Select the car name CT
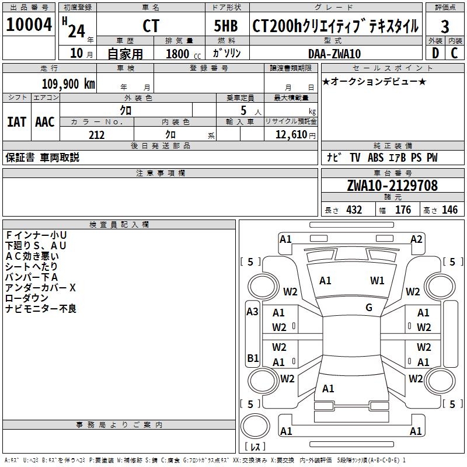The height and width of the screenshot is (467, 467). [x=150, y=26]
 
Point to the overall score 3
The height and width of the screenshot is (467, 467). [x=445, y=27]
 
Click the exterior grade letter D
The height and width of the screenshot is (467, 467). [x=435, y=53]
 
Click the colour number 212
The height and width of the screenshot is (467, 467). [x=96, y=135]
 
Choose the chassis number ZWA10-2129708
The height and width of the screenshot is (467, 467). [x=392, y=186]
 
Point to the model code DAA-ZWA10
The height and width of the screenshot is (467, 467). [x=334, y=54]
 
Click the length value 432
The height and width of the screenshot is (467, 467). [x=354, y=210]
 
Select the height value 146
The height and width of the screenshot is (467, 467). [x=449, y=210]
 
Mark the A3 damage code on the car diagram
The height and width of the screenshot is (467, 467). [x=252, y=312]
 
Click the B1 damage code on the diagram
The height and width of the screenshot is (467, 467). [x=253, y=357]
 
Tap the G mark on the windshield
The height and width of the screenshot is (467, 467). [x=369, y=308]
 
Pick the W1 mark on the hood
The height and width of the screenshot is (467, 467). [x=378, y=281]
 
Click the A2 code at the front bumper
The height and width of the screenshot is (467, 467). [x=416, y=239]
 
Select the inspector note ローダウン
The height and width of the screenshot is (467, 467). [x=27, y=298]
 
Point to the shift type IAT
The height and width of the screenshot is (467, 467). [x=16, y=122]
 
